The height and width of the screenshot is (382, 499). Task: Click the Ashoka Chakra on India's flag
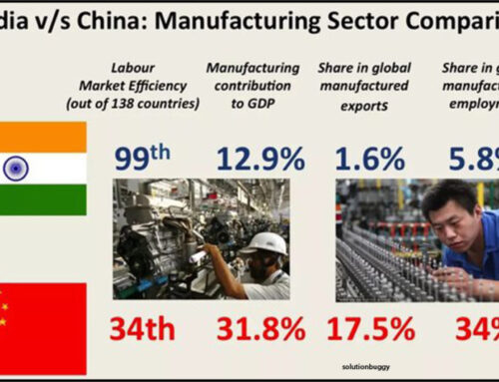(x=16, y=167)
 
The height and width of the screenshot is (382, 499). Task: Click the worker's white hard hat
(x=267, y=243)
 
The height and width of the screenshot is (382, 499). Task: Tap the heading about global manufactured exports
(x=365, y=85)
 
